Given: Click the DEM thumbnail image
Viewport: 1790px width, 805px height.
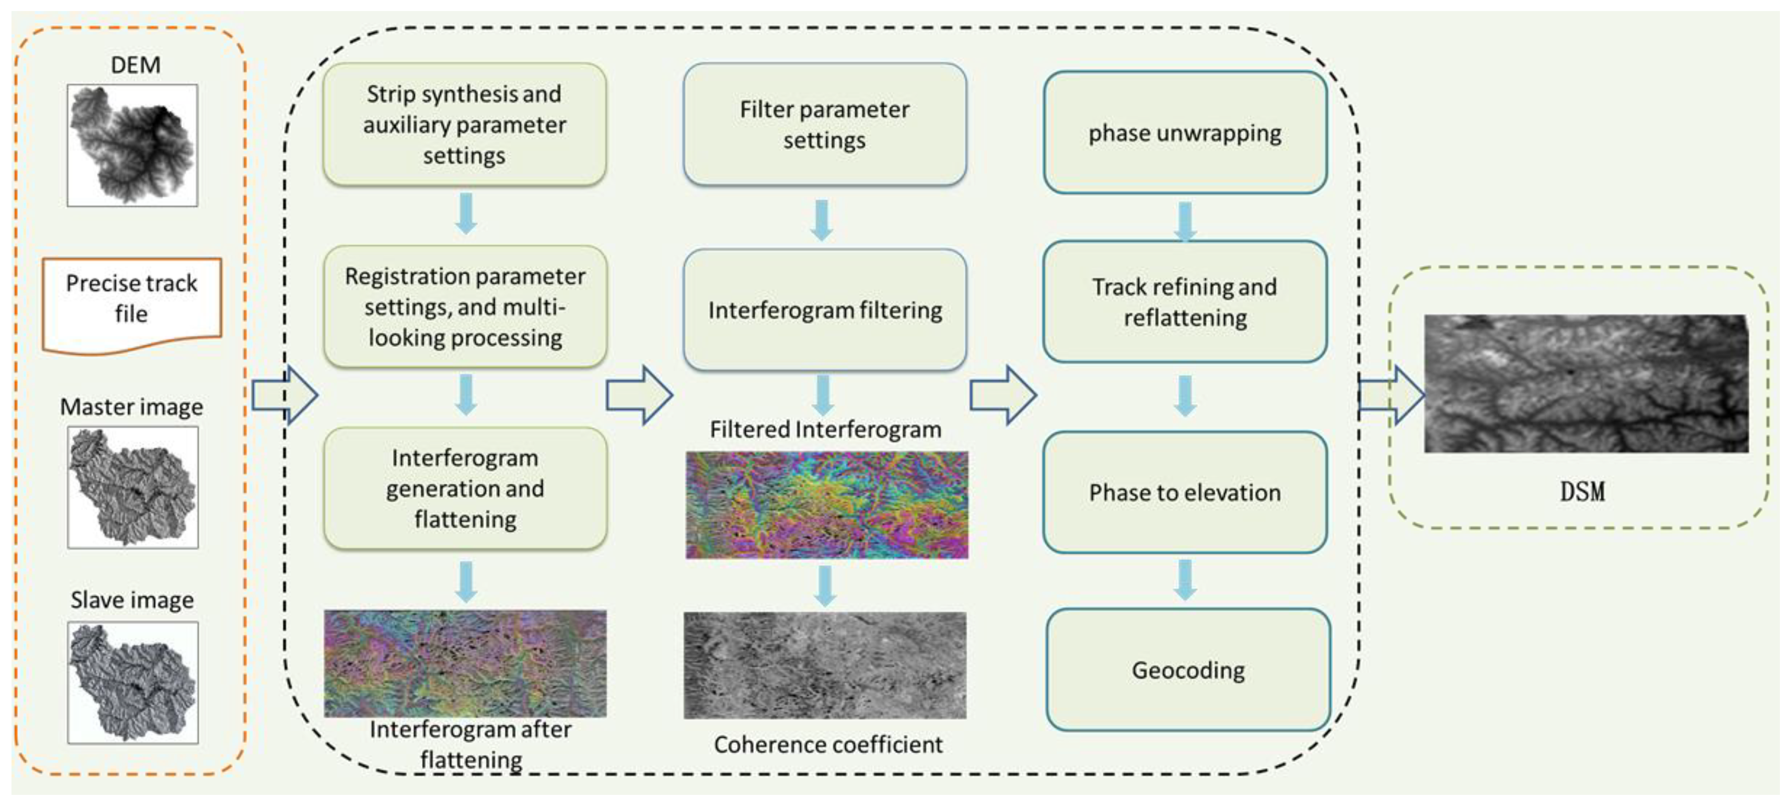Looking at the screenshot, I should [132, 145].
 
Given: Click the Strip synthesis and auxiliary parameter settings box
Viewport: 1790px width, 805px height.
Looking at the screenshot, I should [464, 125].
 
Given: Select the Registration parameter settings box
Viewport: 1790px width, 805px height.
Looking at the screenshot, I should [464, 306].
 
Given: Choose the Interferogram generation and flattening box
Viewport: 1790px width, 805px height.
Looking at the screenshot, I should [464, 488].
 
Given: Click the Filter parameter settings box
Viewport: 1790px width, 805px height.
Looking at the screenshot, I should [824, 125].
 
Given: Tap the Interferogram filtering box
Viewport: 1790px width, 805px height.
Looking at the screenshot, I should [824, 310].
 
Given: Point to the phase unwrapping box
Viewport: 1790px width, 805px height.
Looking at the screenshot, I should [1185, 132].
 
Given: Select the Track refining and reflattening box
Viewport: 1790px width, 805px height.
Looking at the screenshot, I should [1185, 301].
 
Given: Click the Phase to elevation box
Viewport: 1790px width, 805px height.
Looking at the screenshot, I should [1185, 492].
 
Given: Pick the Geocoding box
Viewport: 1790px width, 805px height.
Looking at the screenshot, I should [1187, 669].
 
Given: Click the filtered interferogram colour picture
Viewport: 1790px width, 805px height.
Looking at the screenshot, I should [826, 505].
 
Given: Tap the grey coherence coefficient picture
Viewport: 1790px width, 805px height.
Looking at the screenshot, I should [825, 665].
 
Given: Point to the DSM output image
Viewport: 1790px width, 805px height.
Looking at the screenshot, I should [1586, 383].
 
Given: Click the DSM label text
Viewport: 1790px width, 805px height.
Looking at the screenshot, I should [1582, 492].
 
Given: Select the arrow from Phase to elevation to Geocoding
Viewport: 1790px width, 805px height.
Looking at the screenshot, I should [1185, 580].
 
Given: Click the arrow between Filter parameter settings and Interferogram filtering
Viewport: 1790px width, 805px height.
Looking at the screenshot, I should [821, 220].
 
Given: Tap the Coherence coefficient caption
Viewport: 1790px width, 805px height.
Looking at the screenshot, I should [827, 744].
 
